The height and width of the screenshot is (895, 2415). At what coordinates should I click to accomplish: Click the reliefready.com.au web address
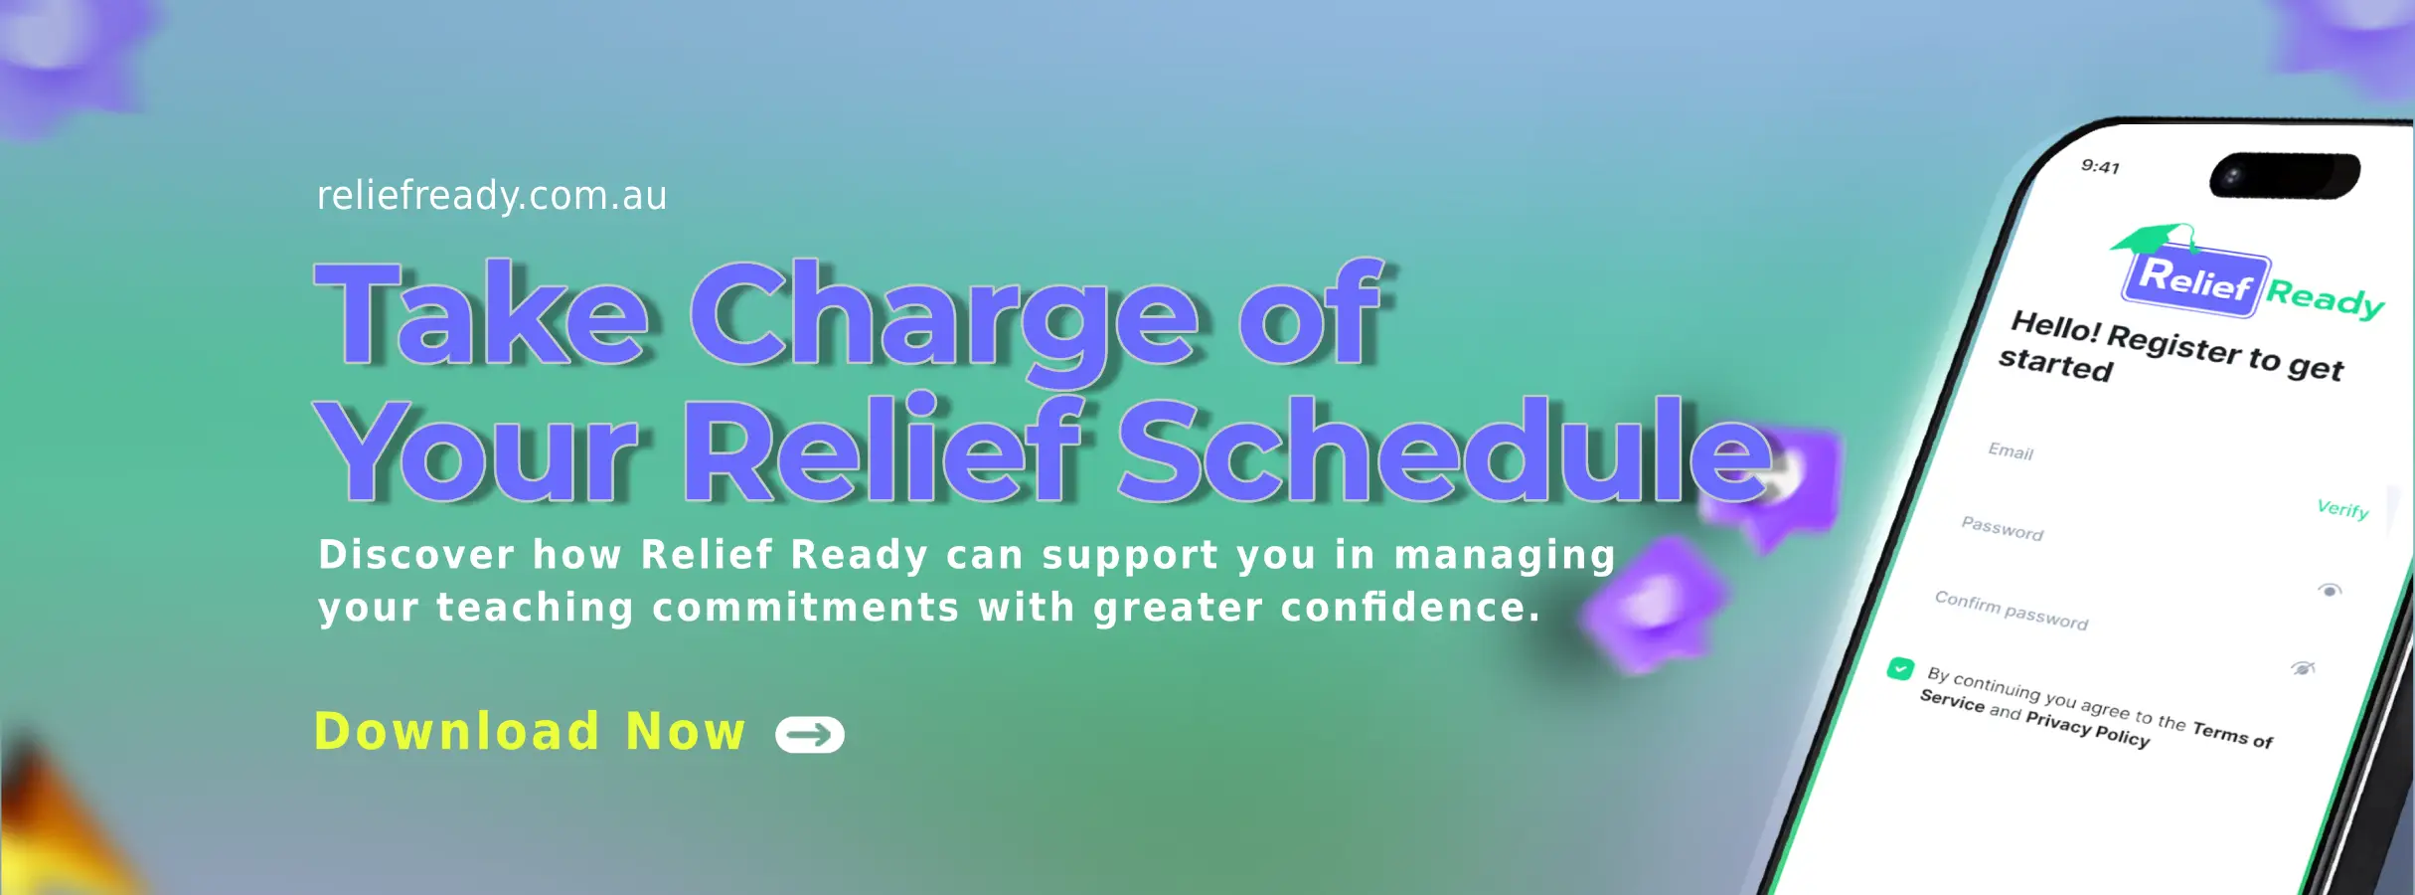[491, 196]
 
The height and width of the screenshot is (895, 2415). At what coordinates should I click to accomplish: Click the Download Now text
[530, 732]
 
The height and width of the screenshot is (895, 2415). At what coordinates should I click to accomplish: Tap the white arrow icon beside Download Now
[810, 735]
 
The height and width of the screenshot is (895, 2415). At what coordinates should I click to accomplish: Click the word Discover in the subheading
[416, 555]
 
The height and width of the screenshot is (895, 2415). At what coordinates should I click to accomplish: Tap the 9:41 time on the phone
[2100, 167]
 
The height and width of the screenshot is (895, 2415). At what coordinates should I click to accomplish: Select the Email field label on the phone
[2011, 451]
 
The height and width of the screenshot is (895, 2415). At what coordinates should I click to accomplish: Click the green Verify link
[2342, 509]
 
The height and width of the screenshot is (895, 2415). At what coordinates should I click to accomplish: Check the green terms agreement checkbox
[1900, 669]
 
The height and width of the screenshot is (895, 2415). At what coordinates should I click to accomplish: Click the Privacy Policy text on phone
[2087, 729]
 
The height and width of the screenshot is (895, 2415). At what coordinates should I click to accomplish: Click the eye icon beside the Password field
[2330, 591]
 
